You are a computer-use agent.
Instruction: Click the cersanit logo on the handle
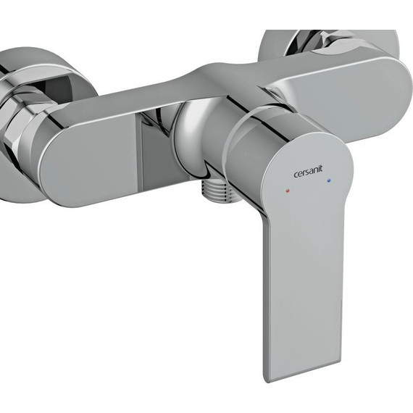308,172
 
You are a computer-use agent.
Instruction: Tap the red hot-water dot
288,190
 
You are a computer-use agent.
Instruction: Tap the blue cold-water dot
328,180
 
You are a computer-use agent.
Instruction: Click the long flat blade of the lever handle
303,290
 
